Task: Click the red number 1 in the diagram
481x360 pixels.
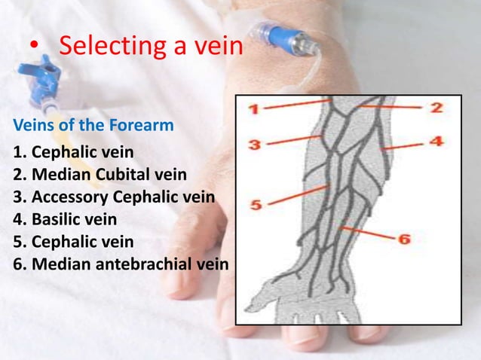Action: [256, 110]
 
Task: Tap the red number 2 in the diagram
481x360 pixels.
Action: [437, 108]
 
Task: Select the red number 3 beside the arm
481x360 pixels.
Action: [256, 143]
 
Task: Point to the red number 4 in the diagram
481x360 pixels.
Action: [437, 141]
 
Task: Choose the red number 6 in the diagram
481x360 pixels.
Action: [403, 239]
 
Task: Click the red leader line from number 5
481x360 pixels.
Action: [297, 195]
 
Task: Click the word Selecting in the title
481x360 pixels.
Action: [110, 47]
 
